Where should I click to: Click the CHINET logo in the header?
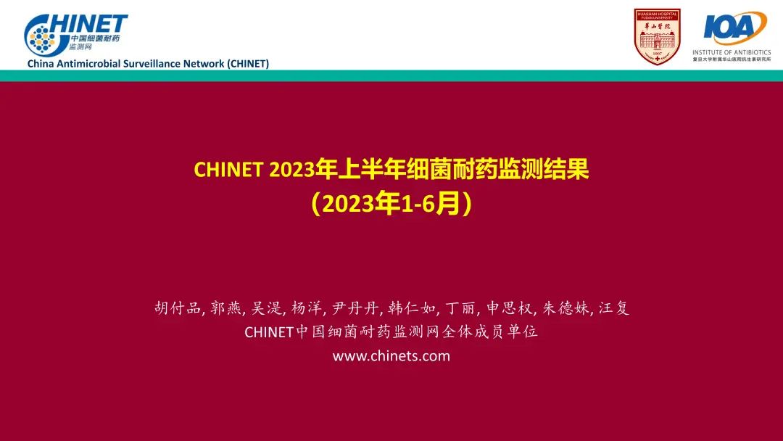75,35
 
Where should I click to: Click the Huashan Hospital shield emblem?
657,36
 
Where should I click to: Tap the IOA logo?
734,28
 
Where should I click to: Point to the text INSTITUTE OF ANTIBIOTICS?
732,52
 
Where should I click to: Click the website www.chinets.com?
391,356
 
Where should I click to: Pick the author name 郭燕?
225,308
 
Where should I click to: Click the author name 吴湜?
266,308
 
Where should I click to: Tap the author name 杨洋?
307,308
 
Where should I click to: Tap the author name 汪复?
614,308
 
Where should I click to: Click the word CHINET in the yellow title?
228,170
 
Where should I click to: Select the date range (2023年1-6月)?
391,204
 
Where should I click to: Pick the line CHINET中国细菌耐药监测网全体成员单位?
391,332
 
